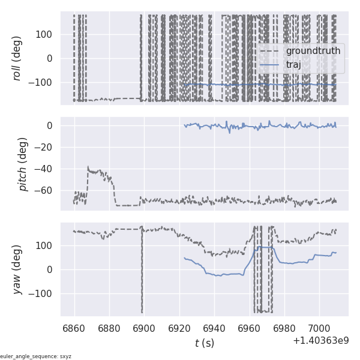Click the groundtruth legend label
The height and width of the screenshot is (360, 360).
coord(313,51)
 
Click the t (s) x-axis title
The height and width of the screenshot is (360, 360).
coord(204,343)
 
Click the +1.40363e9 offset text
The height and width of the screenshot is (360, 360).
coord(320,341)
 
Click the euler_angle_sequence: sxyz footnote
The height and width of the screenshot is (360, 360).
coord(36,356)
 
